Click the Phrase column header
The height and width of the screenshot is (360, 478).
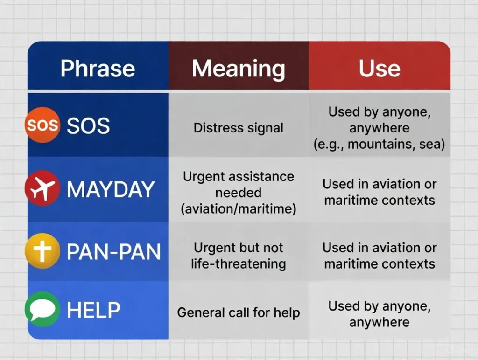tap(98, 68)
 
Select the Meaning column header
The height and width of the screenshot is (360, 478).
tap(238, 68)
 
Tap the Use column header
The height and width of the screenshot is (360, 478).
tap(379, 68)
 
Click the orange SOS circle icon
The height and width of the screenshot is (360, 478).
tap(42, 125)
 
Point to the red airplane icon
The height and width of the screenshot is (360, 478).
tap(42, 188)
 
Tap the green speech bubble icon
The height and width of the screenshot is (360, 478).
tap(42, 310)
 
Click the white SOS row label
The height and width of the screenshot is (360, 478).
tap(88, 125)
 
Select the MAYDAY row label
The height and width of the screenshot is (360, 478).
tap(110, 189)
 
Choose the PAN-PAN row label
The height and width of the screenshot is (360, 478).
tap(113, 252)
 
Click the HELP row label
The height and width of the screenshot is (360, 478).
tap(93, 310)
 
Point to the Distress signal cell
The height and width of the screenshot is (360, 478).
tap(238, 128)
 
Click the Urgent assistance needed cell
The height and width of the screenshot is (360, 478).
tap(238, 193)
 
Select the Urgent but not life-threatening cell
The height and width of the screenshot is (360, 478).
tap(238, 256)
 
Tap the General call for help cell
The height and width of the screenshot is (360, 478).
tap(238, 312)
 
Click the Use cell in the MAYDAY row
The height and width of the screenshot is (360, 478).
tap(379, 192)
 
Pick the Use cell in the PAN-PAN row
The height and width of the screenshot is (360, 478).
tap(379, 256)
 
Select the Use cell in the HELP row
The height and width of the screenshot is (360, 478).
tap(379, 314)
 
